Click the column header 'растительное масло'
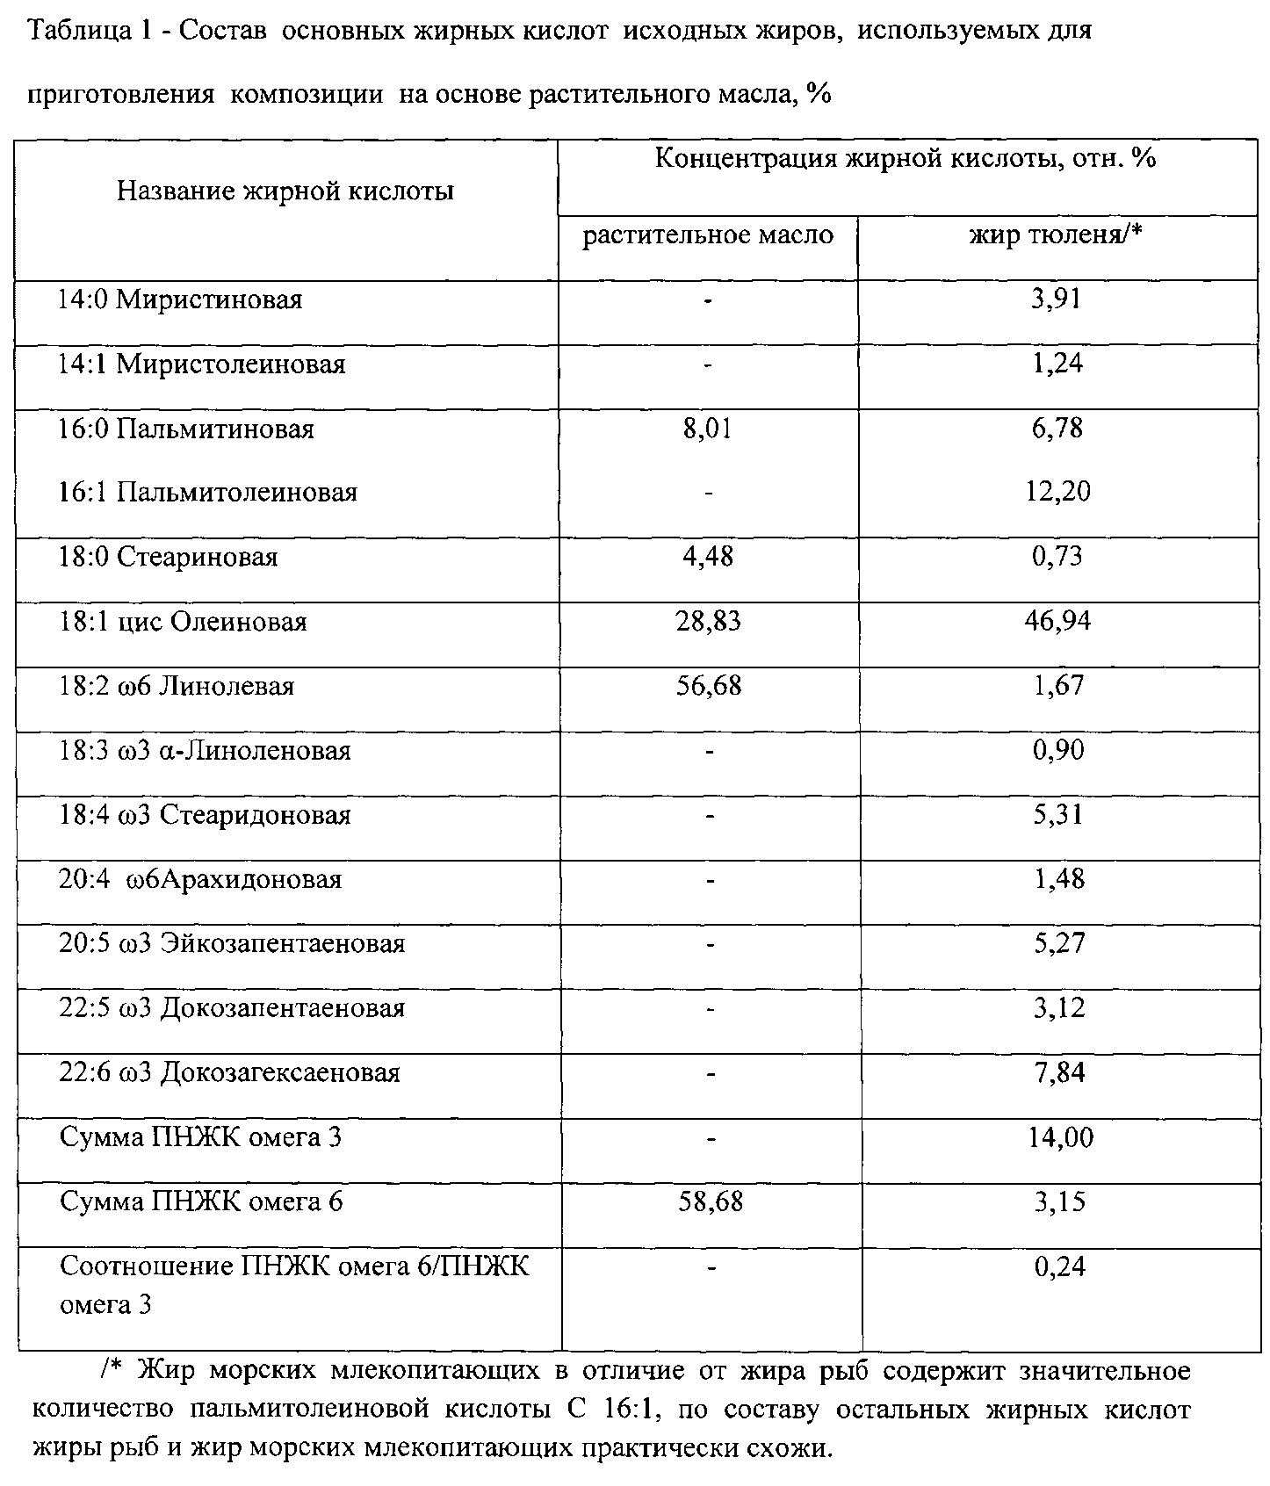(x=708, y=235)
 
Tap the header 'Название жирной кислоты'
(x=285, y=191)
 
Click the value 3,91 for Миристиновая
(x=1057, y=299)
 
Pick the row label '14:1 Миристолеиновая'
(x=202, y=364)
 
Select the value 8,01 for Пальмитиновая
(x=707, y=429)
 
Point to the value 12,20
(x=1058, y=491)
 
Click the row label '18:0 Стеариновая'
(x=169, y=557)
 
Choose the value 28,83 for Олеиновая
(x=708, y=621)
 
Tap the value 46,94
(x=1058, y=621)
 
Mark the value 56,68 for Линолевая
(x=708, y=685)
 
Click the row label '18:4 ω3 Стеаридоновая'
(x=205, y=815)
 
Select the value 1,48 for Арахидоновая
(x=1059, y=879)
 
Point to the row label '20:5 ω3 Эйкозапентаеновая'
(x=232, y=944)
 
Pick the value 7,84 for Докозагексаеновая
(x=1059, y=1072)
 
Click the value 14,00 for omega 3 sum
(x=1060, y=1137)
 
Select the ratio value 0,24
(x=1060, y=1266)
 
